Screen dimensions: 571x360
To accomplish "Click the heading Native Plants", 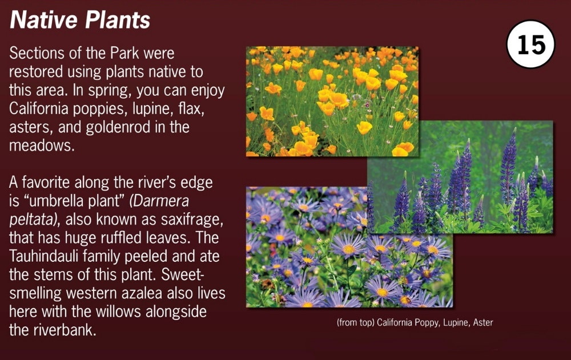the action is pyautogui.click(x=80, y=19).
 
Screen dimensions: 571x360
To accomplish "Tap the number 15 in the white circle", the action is pyautogui.click(x=531, y=45).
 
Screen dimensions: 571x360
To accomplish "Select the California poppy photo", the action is pyautogui.click(x=332, y=102).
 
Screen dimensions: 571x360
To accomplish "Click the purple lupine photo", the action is pyautogui.click(x=460, y=177).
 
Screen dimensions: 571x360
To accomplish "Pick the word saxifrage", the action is pyautogui.click(x=191, y=220).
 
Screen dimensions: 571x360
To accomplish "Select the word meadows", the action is pyautogui.click(x=41, y=145).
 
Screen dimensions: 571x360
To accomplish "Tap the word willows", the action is pyautogui.click(x=117, y=312).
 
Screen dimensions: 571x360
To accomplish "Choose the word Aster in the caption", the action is pyautogui.click(x=483, y=322).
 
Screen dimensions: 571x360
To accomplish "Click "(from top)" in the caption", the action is pyautogui.click(x=355, y=323).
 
